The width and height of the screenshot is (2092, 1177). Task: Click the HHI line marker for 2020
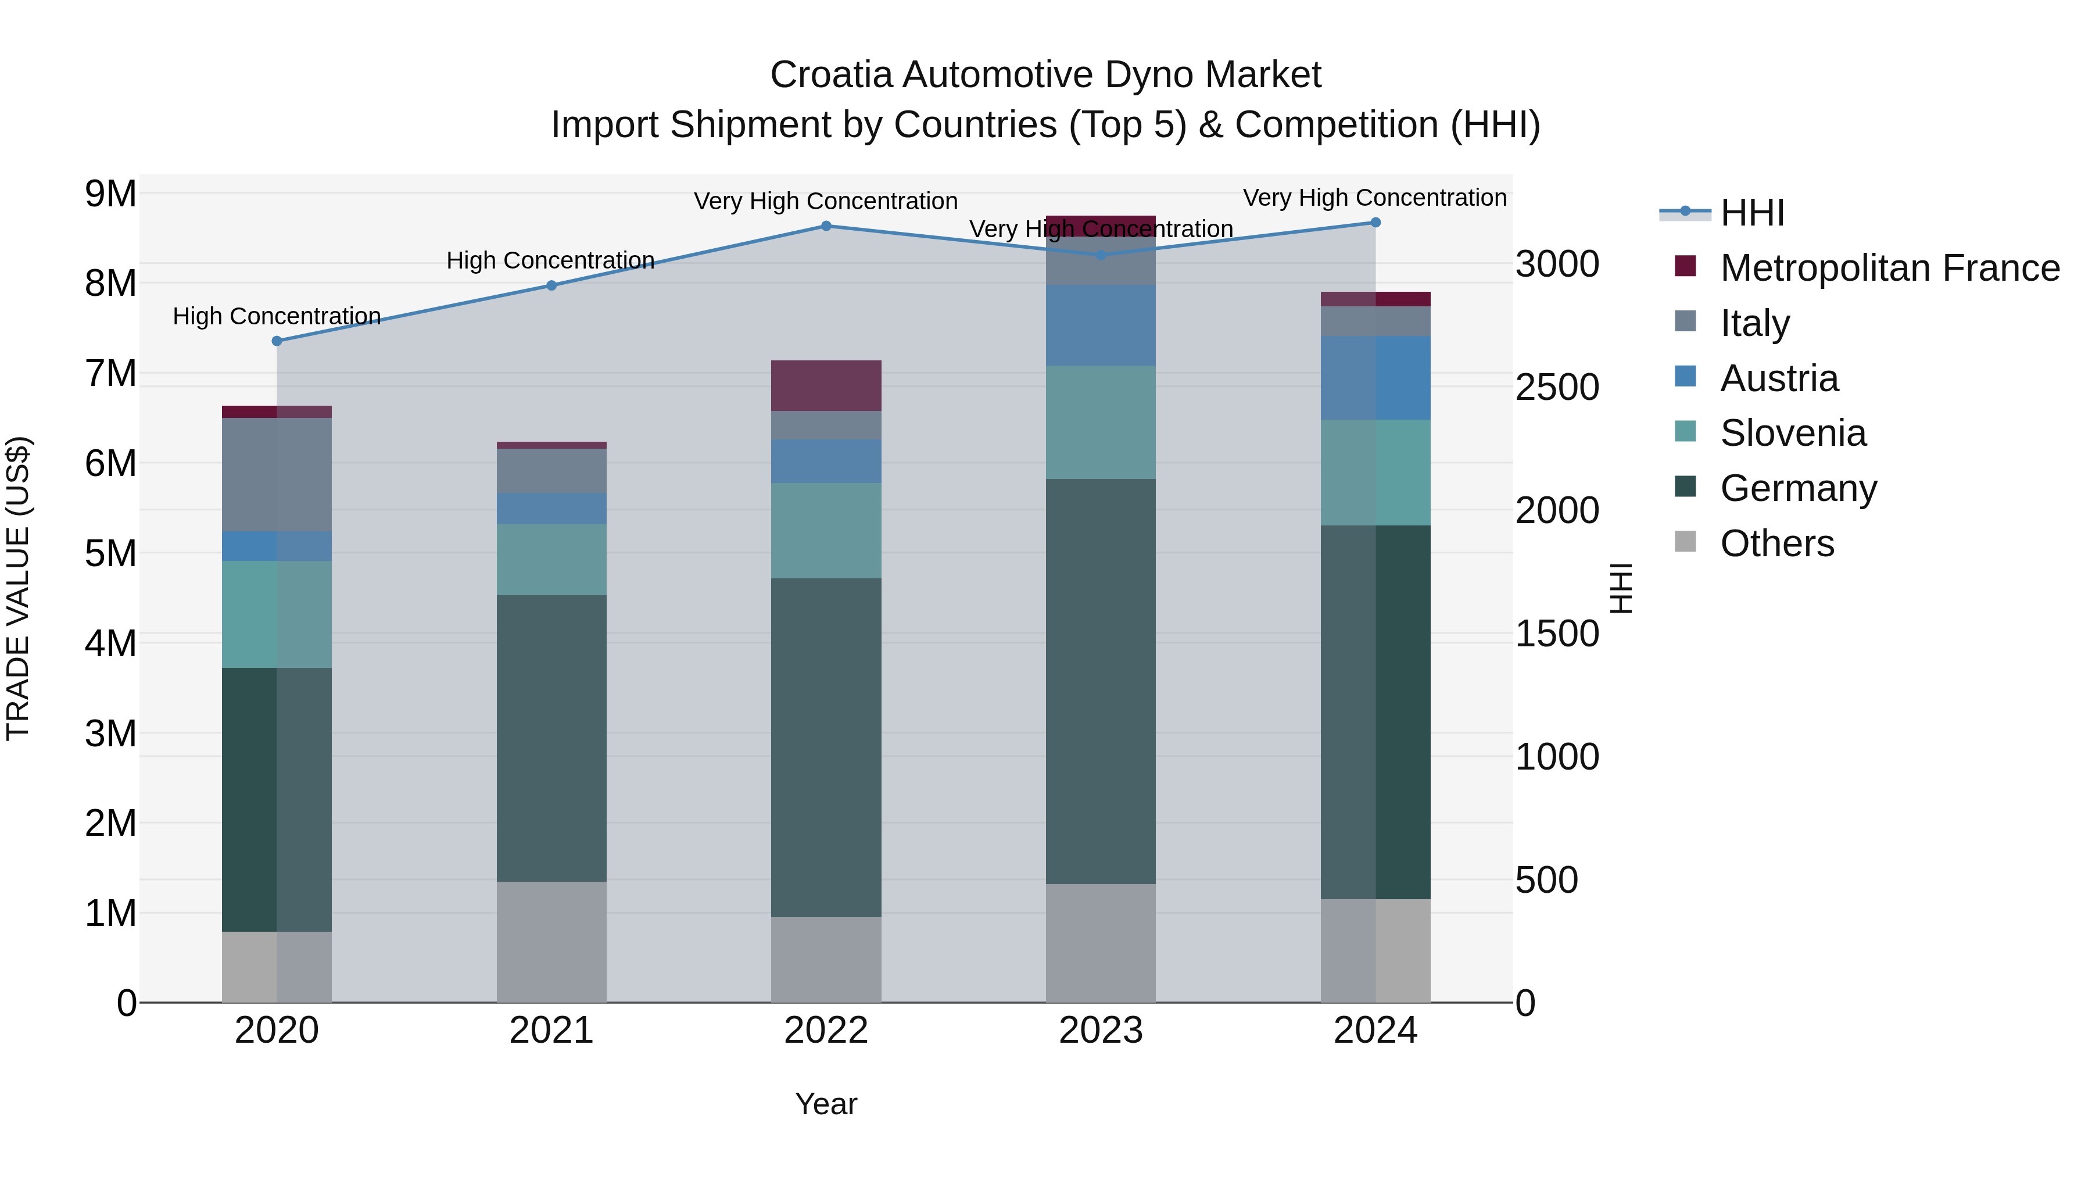(277, 341)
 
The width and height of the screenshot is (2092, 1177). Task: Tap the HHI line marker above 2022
(826, 226)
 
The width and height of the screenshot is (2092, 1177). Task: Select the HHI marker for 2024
(1375, 222)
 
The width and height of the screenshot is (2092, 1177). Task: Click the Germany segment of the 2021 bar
(551, 738)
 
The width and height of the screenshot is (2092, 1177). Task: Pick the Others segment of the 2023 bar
(1101, 942)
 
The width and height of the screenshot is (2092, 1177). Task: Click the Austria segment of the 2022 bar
(826, 462)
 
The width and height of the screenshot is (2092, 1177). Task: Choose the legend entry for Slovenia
(1792, 433)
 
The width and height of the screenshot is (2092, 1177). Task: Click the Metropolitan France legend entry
(1889, 268)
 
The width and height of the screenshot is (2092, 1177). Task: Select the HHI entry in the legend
(1751, 213)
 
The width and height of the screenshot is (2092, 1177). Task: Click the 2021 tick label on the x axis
(551, 1031)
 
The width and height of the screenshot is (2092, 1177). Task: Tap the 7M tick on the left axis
(110, 374)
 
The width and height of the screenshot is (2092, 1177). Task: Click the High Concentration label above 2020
(277, 316)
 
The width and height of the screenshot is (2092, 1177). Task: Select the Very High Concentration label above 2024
(1374, 198)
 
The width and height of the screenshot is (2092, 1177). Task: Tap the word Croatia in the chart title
(832, 75)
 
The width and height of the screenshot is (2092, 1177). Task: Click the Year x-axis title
(826, 1104)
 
